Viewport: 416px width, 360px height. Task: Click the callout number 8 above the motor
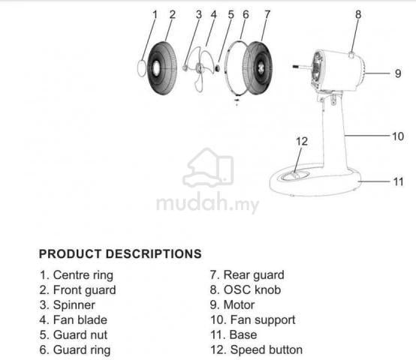pos(358,14)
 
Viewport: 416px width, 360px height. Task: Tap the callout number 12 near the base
pos(302,142)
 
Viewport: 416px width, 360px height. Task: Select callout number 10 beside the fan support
pos(398,136)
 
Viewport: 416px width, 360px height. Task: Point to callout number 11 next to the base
pos(398,181)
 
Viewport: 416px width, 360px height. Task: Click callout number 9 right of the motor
pos(398,73)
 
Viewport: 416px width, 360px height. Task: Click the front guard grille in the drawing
pos(162,68)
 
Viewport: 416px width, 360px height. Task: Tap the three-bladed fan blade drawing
pos(203,68)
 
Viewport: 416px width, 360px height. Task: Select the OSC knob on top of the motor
pos(351,55)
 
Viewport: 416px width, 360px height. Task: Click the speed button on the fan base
pos(295,175)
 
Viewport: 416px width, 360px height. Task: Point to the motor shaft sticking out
pos(302,67)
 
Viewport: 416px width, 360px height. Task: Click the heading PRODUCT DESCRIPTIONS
pos(120,253)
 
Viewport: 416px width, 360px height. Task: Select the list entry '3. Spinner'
pos(68,305)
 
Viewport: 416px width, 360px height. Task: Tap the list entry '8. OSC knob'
pos(246,289)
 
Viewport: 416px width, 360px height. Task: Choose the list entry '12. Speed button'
pos(256,349)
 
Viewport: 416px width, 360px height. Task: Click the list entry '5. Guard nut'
pos(74,334)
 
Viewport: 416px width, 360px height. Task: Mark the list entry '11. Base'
pos(234,334)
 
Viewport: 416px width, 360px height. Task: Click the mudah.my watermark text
pos(208,203)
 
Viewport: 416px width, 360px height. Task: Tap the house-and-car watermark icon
pos(208,168)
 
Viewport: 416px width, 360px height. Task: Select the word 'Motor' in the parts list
pos(239,305)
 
